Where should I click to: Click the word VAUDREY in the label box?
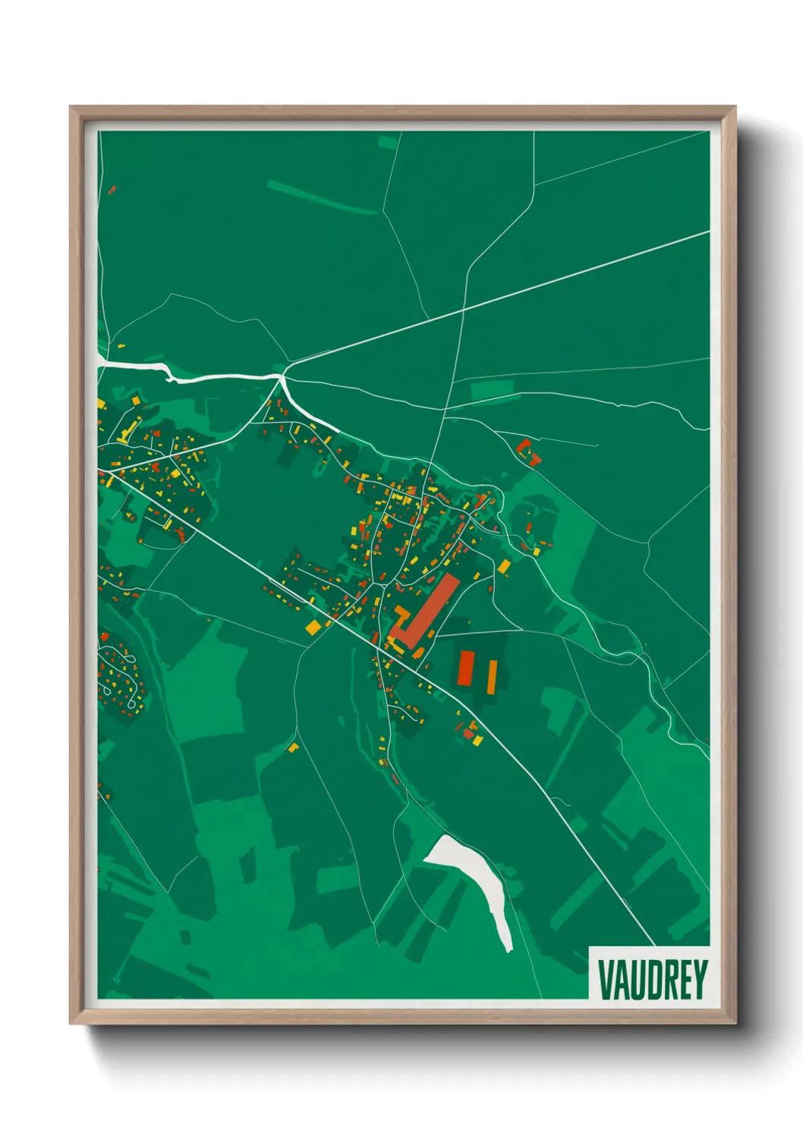pos(652,980)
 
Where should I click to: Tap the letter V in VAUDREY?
pos(606,980)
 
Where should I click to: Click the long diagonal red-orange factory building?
pos(426,612)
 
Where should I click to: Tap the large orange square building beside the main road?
pos(313,628)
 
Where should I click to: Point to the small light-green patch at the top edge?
pos(387,141)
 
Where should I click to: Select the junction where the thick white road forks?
pos(282,376)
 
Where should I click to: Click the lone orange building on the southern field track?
pos(293,747)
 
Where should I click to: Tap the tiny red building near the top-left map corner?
pos(112,190)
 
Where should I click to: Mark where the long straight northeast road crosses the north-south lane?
pos(463,310)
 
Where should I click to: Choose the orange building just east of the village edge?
pos(504,566)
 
